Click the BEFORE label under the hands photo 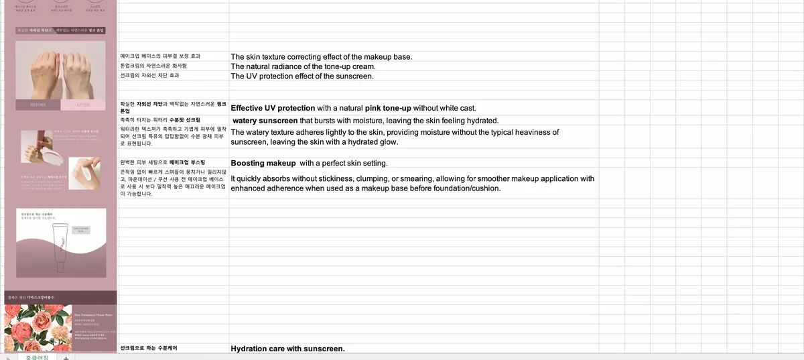38,105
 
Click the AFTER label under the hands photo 83,105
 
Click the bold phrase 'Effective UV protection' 273,108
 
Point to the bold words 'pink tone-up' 387,108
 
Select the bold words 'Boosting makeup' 263,163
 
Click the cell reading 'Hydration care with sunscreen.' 287,349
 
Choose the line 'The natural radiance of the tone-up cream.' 303,66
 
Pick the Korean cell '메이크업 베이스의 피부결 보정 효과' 160,56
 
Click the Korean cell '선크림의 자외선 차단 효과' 149,76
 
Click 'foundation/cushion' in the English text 464,188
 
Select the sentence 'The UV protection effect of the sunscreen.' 301,76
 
